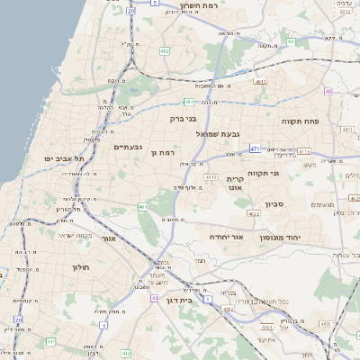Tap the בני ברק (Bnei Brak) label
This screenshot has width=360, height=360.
coord(183,118)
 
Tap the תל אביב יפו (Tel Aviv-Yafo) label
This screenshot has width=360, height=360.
coord(64,158)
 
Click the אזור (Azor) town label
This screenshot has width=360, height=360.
coord(111,238)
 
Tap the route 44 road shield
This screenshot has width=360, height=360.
coord(155,297)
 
